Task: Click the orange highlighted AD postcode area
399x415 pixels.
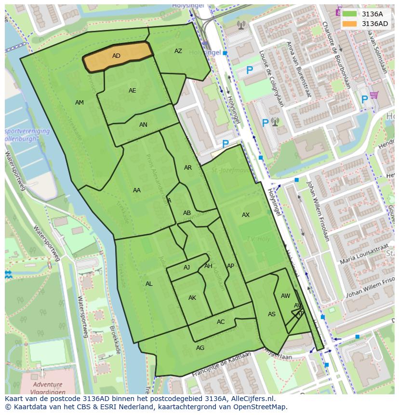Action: pyautogui.click(x=117, y=56)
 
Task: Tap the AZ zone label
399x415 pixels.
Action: pyautogui.click(x=178, y=51)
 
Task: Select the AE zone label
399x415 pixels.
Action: pyautogui.click(x=133, y=91)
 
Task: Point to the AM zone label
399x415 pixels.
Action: pyautogui.click(x=80, y=103)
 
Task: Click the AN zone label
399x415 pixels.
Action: pyautogui.click(x=143, y=125)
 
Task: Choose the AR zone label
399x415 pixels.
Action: pyautogui.click(x=188, y=168)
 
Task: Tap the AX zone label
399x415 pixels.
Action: pyautogui.click(x=246, y=215)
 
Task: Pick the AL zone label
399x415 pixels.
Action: pyautogui.click(x=149, y=284)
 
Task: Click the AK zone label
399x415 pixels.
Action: pyautogui.click(x=192, y=298)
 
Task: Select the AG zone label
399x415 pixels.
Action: pyautogui.click(x=200, y=348)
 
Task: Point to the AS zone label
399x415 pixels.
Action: pyautogui.click(x=272, y=314)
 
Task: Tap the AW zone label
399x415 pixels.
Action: pyautogui.click(x=286, y=296)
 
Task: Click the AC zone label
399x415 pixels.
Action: pyautogui.click(x=221, y=322)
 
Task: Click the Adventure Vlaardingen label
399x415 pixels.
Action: pyautogui.click(x=47, y=388)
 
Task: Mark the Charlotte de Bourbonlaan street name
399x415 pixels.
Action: pyautogui.click(x=336, y=55)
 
